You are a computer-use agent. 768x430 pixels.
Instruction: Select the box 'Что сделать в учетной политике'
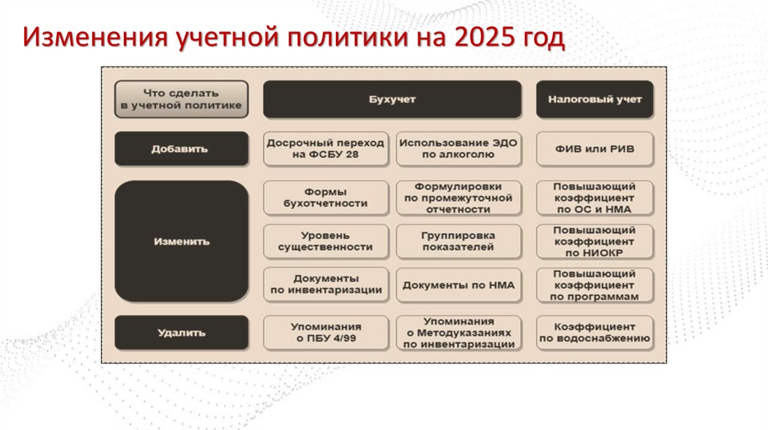(181, 100)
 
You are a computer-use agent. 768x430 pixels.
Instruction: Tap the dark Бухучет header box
(391, 100)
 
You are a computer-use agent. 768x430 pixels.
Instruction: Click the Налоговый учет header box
(595, 100)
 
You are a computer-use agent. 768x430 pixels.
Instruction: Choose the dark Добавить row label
(181, 148)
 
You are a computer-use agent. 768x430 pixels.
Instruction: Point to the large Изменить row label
(181, 242)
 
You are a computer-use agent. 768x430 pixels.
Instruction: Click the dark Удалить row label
(181, 333)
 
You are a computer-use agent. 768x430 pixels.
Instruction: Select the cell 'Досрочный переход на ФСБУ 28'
(325, 148)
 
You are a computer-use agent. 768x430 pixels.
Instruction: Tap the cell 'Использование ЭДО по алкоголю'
(458, 148)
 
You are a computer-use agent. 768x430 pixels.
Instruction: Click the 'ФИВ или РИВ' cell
(595, 148)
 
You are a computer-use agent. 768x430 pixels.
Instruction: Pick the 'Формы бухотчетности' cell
(325, 197)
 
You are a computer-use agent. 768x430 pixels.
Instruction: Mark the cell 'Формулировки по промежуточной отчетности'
(458, 197)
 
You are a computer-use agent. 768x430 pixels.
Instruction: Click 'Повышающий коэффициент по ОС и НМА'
(595, 197)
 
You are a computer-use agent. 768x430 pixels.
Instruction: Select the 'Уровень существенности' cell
(325, 241)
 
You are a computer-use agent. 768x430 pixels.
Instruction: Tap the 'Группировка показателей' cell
(458, 241)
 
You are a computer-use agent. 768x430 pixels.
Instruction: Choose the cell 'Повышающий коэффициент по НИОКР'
(595, 241)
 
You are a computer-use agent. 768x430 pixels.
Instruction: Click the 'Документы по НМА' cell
(458, 285)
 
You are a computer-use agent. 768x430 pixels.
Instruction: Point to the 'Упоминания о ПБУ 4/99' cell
(325, 333)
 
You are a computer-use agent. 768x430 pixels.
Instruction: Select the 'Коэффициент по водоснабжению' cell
(595, 333)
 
